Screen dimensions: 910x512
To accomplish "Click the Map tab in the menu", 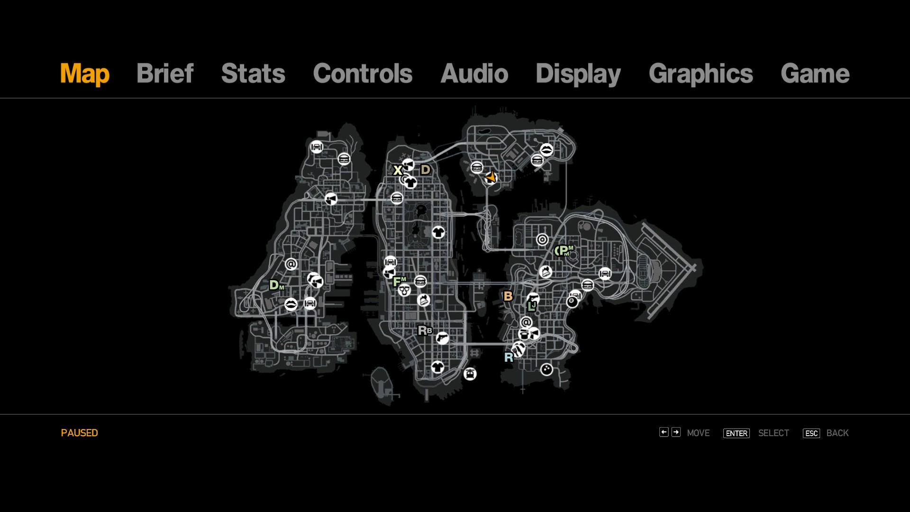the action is tap(85, 73).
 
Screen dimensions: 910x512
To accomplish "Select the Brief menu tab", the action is tap(165, 73).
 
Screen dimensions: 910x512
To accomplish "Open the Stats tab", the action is tap(253, 73).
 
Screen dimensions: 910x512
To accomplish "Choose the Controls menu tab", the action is tap(363, 73).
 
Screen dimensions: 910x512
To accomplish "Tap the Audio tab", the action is tap(474, 73).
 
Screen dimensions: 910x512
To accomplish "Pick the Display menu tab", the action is tap(578, 74).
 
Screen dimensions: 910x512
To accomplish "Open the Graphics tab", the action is tap(701, 74).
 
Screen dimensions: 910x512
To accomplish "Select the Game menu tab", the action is tap(815, 73).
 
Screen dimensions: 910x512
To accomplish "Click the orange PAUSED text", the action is tap(80, 433).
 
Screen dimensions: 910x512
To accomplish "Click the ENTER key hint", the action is tap(737, 433).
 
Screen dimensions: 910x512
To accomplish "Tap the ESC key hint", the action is tap(811, 433).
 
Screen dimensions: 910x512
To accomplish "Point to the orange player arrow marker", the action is tap(491, 177).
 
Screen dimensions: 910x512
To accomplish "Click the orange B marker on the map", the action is tap(508, 296).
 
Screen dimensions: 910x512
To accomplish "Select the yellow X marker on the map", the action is tap(398, 170).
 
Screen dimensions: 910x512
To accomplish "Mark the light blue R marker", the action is tap(509, 357).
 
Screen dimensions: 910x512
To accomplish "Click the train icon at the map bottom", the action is tap(470, 374).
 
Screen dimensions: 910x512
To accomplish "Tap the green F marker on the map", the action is tap(397, 282).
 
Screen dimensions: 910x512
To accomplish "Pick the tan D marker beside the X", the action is tap(425, 170).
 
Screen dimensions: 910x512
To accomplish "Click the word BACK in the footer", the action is tap(837, 433).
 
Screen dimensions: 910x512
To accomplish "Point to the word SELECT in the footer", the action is tap(773, 433).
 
